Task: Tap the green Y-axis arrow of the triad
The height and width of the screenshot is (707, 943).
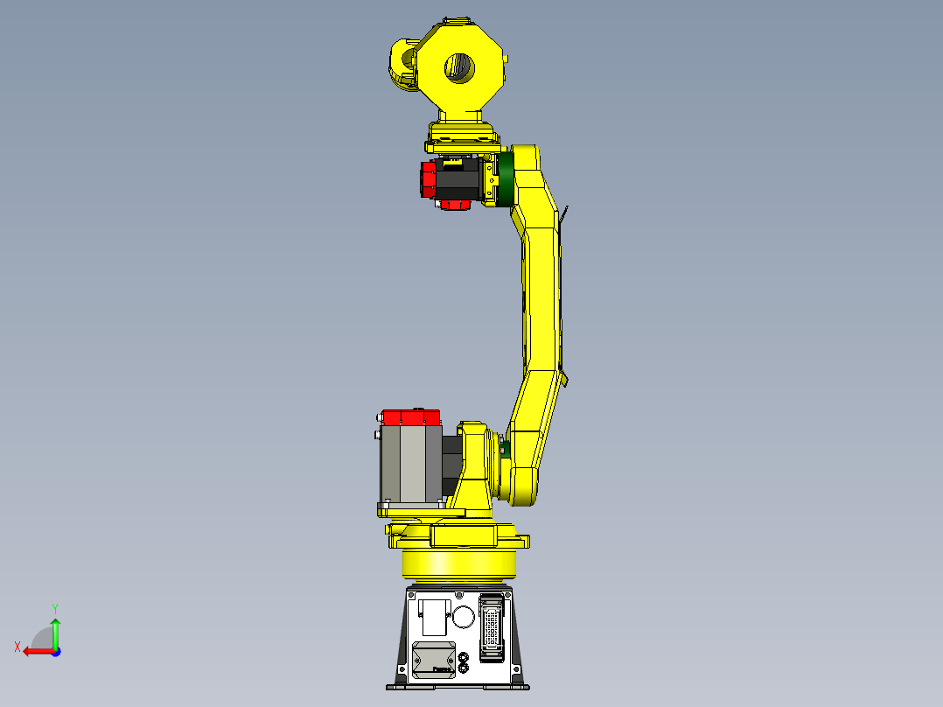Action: (x=55, y=631)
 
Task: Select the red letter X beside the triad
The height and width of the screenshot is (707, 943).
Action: (x=17, y=647)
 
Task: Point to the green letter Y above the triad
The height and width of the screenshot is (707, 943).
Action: (x=55, y=606)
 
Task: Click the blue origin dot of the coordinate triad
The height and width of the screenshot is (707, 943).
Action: (x=55, y=651)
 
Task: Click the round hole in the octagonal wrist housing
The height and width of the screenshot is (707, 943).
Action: (x=459, y=66)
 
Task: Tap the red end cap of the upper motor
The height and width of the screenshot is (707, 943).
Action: (x=429, y=179)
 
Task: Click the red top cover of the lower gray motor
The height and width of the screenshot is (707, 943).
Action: (x=410, y=417)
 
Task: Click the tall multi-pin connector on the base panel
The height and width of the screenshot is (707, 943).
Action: (x=492, y=626)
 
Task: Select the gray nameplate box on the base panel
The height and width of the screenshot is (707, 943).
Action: (x=434, y=659)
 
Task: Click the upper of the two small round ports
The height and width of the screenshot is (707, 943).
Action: (x=464, y=655)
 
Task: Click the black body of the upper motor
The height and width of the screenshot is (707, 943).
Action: (x=458, y=182)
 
